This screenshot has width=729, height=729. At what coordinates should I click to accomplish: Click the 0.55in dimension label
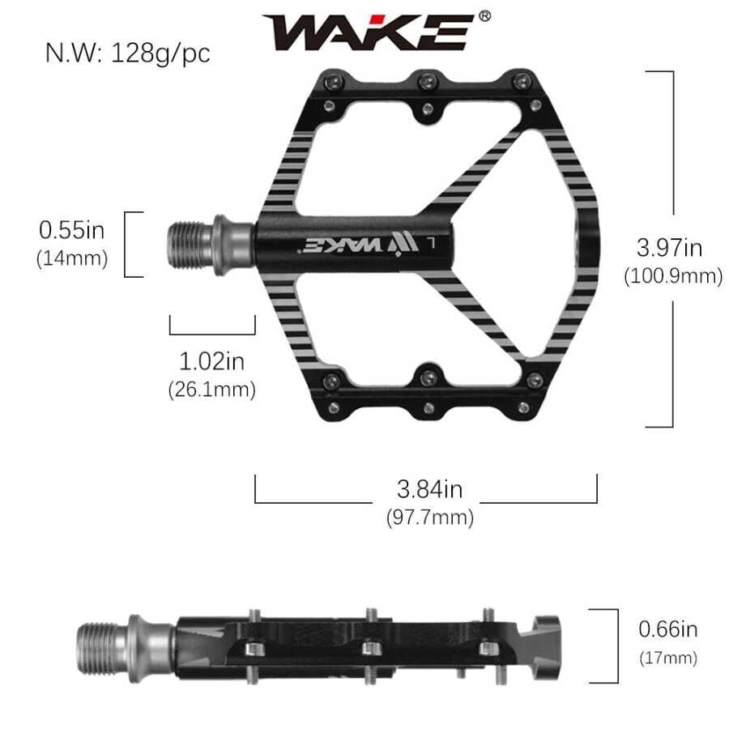pos(72,230)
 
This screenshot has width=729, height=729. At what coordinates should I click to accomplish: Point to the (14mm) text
pos(72,258)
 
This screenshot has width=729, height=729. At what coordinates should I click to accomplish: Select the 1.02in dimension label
pos(211,360)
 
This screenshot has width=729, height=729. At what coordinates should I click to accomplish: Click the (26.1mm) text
pos(211,389)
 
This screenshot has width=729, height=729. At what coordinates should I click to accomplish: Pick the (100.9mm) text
pos(673,276)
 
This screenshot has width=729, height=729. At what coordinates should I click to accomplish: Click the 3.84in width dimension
pos(429,489)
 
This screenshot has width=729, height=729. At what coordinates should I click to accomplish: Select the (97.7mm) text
pos(429,517)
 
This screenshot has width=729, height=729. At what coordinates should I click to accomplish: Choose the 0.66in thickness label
pos(667,629)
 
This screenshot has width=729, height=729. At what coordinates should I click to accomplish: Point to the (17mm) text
pos(667,657)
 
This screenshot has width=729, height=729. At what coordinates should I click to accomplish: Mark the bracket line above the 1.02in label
pos(212,332)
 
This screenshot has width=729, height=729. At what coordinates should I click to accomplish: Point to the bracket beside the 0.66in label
pos(603,646)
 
